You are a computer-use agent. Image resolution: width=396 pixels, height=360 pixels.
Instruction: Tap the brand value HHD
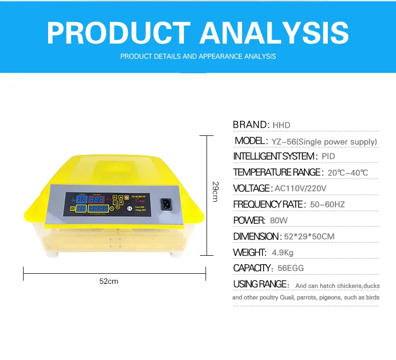(x=281, y=125)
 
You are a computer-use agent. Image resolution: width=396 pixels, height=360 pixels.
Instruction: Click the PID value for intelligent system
(x=328, y=157)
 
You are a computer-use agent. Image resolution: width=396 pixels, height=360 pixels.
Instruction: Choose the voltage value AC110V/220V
(x=300, y=189)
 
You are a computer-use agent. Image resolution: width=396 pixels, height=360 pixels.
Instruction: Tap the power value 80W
(x=279, y=221)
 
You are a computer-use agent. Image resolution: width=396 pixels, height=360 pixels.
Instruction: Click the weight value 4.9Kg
(x=283, y=253)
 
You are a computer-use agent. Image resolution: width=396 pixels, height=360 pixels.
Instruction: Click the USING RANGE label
(x=261, y=284)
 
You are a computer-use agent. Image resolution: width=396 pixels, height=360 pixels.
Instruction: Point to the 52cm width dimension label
(x=109, y=281)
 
